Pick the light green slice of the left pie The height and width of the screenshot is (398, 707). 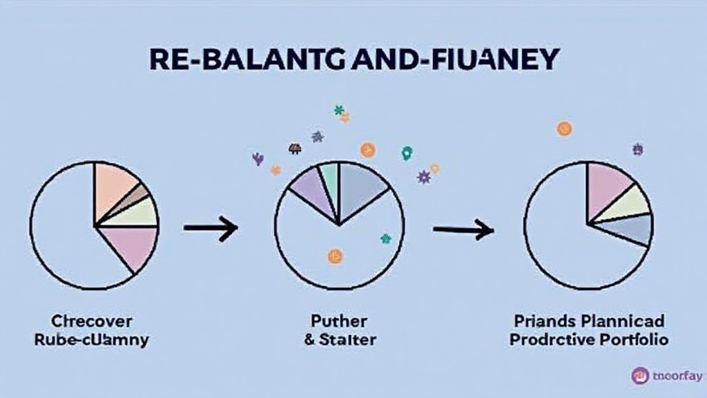(138, 213)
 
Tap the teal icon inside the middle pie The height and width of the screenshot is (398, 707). (385, 239)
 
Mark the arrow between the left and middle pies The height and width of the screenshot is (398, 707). (211, 227)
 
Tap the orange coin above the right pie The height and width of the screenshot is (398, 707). (564, 128)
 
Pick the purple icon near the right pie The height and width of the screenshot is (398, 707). (637, 149)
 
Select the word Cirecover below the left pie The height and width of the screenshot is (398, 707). (92, 321)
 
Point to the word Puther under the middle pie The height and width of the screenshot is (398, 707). (340, 321)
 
